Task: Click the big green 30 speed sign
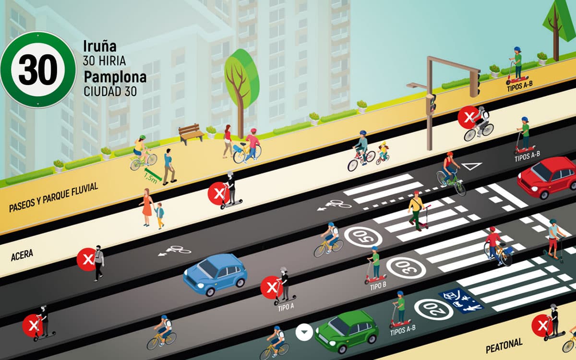[x=38, y=70]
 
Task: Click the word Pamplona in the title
[x=115, y=77]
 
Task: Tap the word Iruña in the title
[x=100, y=46]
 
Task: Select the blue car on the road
[x=215, y=274]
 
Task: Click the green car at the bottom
[x=347, y=331]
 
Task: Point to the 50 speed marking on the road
[x=363, y=237]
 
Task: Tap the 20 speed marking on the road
[x=433, y=309]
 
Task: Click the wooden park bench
[x=192, y=134]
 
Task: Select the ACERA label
[x=22, y=255]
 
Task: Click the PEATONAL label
[x=504, y=346]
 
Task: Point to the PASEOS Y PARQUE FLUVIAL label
[x=53, y=197]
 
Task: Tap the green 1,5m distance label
[x=151, y=179]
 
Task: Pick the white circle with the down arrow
[x=304, y=332]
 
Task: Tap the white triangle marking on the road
[x=471, y=166]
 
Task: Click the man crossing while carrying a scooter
[x=417, y=211]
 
